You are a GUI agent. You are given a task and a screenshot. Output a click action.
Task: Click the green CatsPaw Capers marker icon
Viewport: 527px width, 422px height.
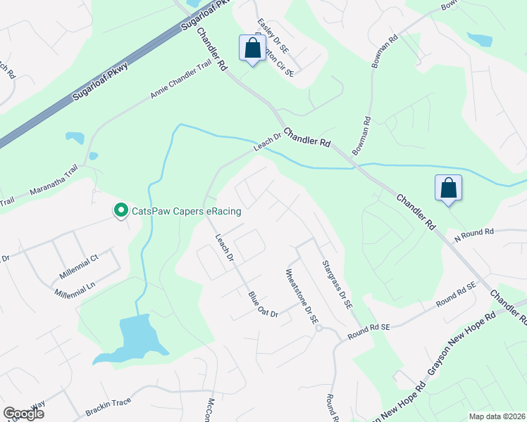tap(120, 210)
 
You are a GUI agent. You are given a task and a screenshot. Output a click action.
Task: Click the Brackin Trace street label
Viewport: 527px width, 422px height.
tap(108, 403)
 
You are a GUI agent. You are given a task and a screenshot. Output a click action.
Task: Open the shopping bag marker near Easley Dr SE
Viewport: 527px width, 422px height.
tap(253, 49)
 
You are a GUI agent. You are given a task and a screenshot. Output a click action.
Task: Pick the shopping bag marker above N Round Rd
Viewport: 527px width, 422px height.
tap(448, 188)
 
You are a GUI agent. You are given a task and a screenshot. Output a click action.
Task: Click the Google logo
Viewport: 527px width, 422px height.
tap(23, 413)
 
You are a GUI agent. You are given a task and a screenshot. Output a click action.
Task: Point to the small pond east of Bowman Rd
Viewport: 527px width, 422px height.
tap(480, 39)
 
